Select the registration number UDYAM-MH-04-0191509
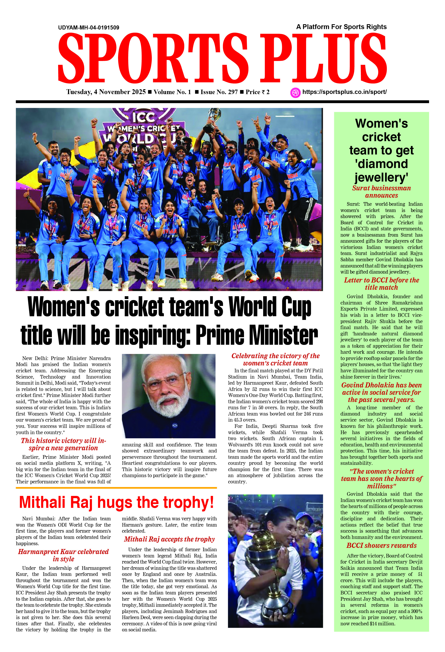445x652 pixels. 89,27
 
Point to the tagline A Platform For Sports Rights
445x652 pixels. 341,27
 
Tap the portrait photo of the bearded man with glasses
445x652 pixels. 169,396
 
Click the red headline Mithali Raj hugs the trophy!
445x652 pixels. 116,502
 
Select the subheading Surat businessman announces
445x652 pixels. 381,192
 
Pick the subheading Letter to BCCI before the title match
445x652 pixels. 381,284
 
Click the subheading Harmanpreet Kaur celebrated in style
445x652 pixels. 63,555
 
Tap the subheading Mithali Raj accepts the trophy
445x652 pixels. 169,539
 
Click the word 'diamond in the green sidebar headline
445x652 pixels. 381,164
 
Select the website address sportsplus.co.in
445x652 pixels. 344,92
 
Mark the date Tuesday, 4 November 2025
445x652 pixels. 106,92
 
